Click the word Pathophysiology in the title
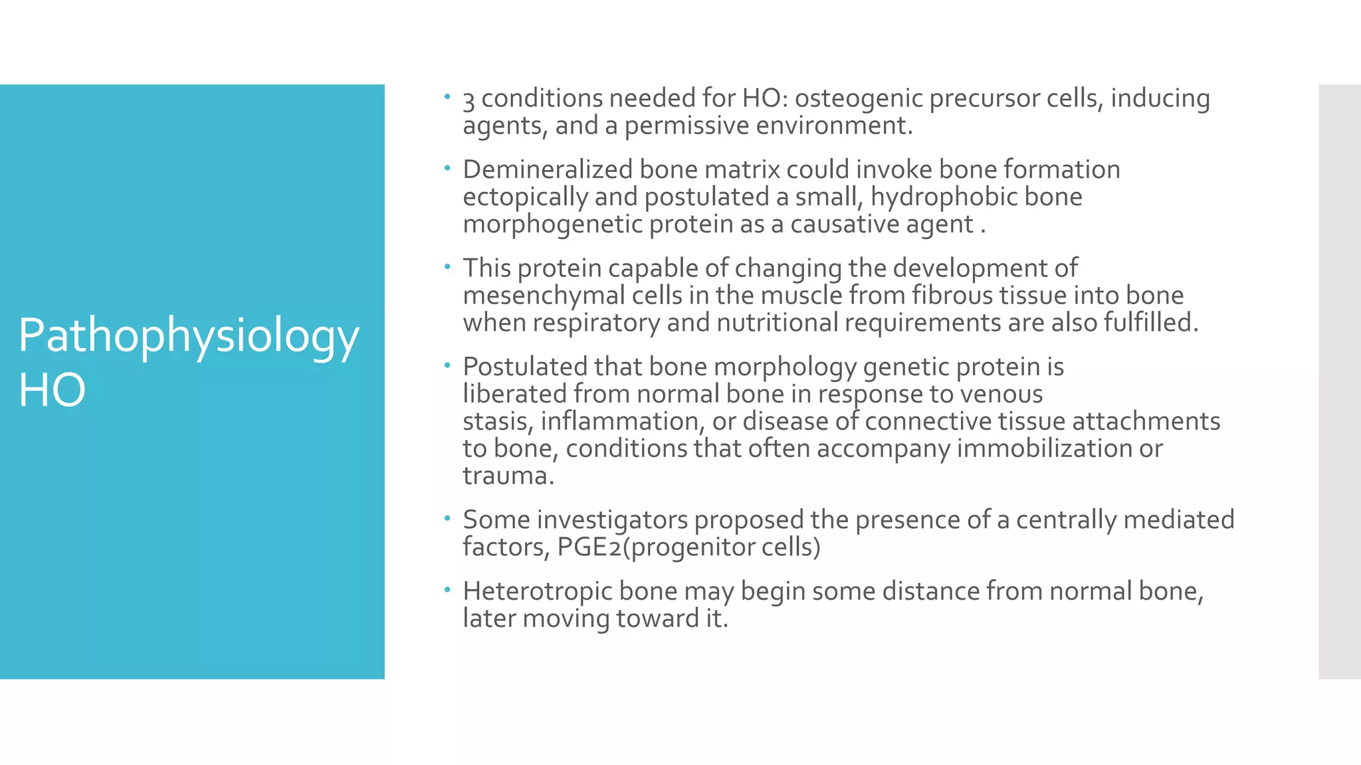click(189, 336)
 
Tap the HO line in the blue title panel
click(52, 390)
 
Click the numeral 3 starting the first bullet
click(469, 100)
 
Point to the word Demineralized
click(548, 169)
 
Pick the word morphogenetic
click(552, 224)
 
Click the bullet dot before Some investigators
click(448, 517)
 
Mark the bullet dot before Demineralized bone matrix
click(448, 167)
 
